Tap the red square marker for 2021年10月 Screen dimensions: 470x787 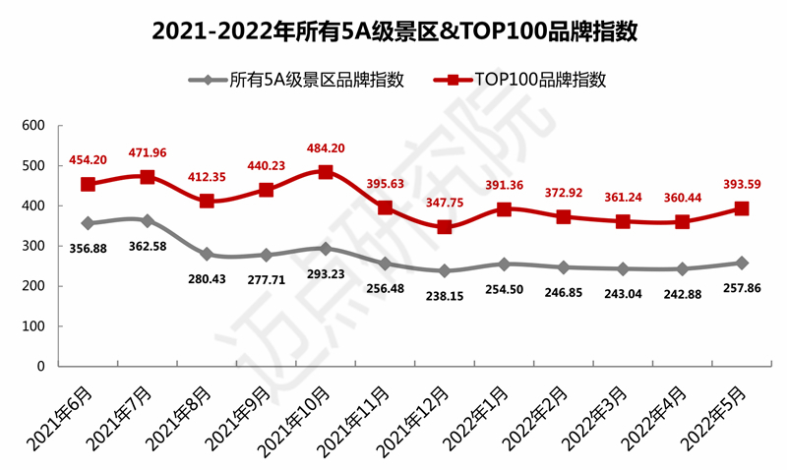[x=326, y=172]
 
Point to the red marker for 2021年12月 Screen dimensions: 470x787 [x=445, y=227]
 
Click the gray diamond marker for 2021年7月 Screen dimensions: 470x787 [x=148, y=221]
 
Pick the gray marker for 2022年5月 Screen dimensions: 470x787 [x=742, y=263]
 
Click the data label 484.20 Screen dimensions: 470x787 [x=326, y=148]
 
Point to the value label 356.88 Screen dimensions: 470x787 [x=89, y=247]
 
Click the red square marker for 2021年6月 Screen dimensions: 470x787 [x=89, y=184]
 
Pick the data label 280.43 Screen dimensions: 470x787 [x=207, y=278]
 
